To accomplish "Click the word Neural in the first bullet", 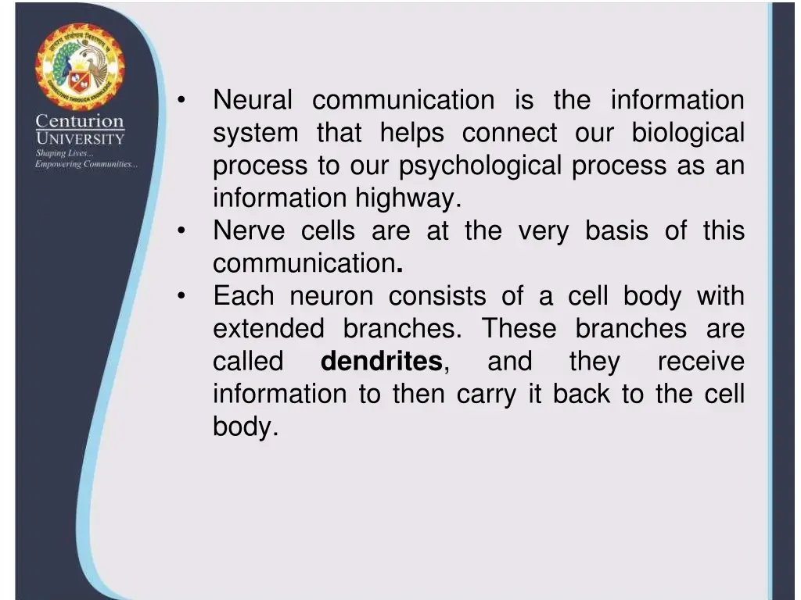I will coord(252,100).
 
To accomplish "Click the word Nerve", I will coord(246,231).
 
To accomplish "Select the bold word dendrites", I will coord(382,362).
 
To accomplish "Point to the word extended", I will coord(268,329).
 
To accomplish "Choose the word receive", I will coord(700,362).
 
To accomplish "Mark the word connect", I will coord(509,134).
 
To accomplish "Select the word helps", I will coord(411,134).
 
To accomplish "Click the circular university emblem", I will coord(80,67).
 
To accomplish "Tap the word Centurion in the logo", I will coord(80,122).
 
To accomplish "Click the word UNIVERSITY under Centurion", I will coord(80,139).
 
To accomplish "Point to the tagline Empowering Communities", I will coord(86,164).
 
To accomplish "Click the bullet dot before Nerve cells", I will coord(181,231).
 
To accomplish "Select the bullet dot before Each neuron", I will coord(181,297).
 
